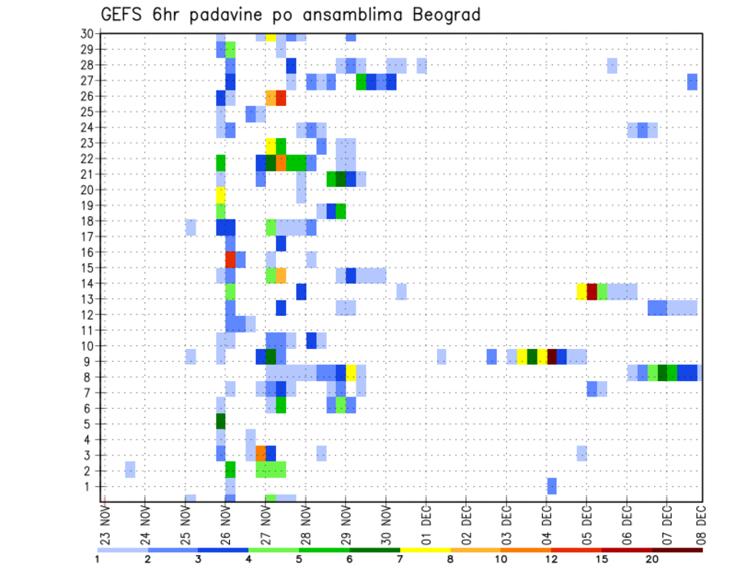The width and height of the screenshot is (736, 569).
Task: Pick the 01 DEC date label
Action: click(426, 525)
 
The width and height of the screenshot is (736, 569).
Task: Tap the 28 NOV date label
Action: click(305, 525)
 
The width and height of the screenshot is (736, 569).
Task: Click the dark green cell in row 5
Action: click(221, 421)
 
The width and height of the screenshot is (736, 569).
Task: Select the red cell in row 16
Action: click(230, 258)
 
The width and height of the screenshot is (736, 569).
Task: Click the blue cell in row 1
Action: click(551, 485)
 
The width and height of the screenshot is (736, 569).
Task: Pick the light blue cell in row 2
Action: click(130, 469)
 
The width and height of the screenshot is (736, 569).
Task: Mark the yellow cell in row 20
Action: click(221, 195)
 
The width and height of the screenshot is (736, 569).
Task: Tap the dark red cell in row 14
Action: click(591, 291)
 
